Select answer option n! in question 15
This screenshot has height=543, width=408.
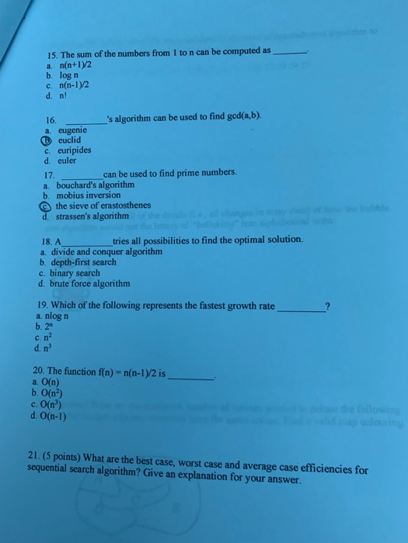(62, 95)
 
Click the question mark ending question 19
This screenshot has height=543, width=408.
(327, 307)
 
